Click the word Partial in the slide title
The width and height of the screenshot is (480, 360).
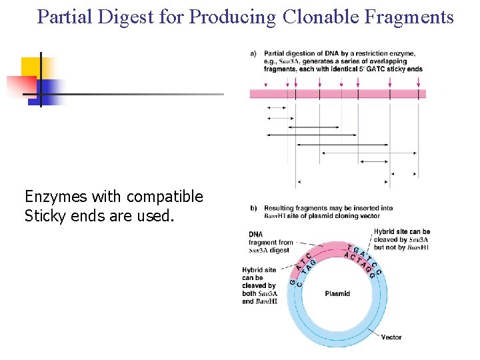pyautogui.click(x=61, y=17)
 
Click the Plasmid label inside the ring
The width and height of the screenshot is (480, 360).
pyautogui.click(x=337, y=293)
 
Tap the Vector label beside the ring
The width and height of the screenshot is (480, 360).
pyautogui.click(x=391, y=337)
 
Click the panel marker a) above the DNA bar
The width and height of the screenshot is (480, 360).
pyautogui.click(x=254, y=53)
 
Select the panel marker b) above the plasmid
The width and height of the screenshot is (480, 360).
pyautogui.click(x=254, y=208)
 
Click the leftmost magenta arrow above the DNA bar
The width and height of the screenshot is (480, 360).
pyautogui.click(x=267, y=84)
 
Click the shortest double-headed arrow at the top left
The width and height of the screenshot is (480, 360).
pyautogui.click(x=277, y=107)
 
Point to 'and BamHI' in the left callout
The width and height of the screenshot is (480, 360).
pyautogui.click(x=259, y=301)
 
